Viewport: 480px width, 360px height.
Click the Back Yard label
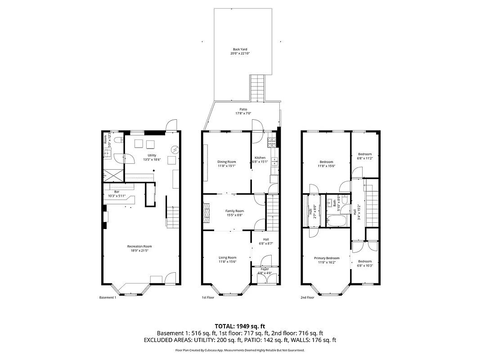pos(240,49)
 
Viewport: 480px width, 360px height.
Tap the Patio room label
pos(243,109)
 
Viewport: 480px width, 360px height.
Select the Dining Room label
pos(226,162)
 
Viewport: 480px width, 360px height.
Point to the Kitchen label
pos(260,158)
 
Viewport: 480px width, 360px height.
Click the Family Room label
pos(234,211)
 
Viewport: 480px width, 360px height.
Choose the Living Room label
pos(227,257)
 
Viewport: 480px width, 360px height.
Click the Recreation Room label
pos(139,247)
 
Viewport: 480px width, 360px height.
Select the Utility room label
pos(152,156)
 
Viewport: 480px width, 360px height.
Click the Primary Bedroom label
pos(327,258)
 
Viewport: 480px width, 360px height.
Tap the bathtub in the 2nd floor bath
pos(336,221)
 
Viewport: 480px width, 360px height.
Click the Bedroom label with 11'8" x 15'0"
pos(326,162)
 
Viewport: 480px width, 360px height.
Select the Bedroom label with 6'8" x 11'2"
pos(365,154)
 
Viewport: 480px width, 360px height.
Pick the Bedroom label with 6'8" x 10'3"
pos(365,261)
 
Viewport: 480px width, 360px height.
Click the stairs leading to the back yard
pos(257,88)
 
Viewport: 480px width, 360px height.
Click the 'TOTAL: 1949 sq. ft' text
pos(240,326)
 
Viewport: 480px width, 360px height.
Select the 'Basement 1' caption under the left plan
pos(108,297)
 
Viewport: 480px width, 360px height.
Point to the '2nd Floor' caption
pos(307,297)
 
